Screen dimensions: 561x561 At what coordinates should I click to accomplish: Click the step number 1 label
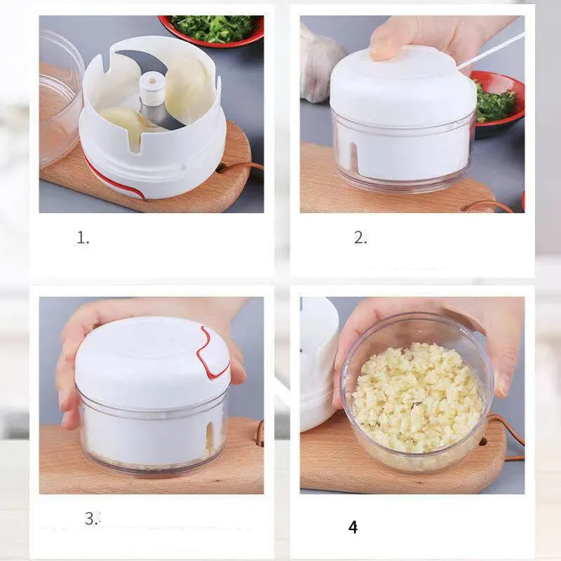83,238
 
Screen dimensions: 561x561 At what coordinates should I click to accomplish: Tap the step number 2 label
360,238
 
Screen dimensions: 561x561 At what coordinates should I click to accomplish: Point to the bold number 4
353,527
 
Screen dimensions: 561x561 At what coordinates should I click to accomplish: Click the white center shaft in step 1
151,90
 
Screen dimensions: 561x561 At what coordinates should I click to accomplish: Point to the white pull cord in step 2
491,50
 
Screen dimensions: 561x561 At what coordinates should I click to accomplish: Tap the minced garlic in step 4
418,396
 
